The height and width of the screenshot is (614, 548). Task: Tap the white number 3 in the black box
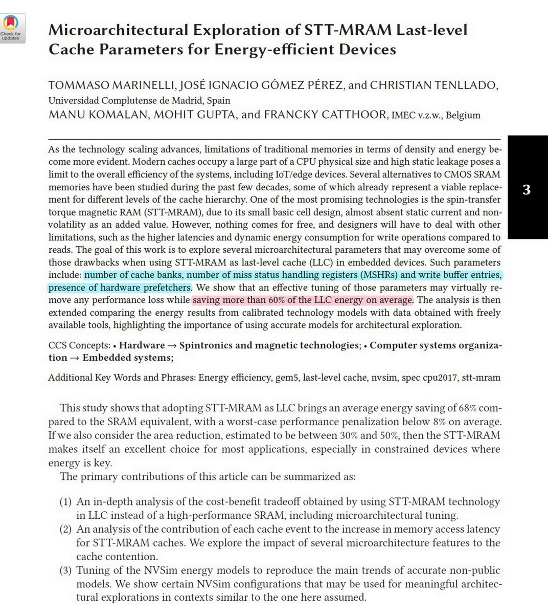527,190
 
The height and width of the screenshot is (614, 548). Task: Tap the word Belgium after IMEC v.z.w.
463,115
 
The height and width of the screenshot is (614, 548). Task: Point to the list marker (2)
65,530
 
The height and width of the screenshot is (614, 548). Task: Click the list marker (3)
65,571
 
